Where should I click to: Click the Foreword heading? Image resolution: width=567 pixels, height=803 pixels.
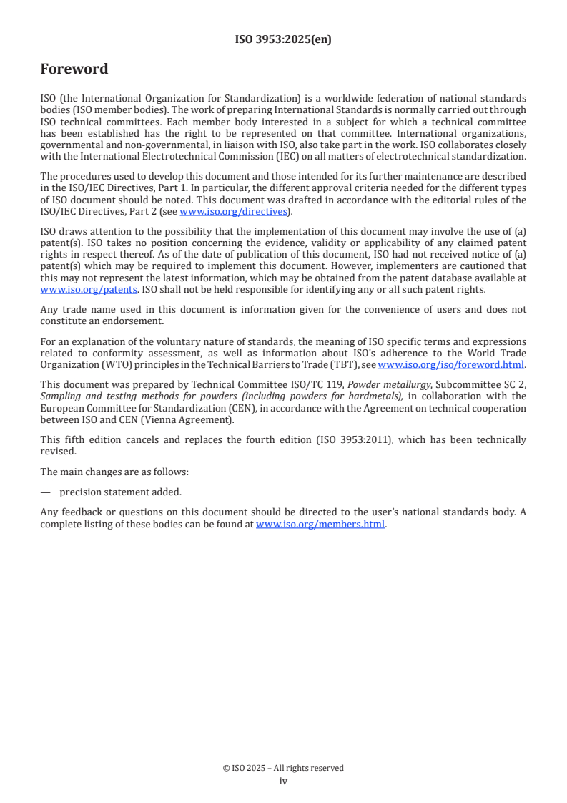coord(74,69)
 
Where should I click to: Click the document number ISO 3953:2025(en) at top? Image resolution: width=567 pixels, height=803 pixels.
coord(283,40)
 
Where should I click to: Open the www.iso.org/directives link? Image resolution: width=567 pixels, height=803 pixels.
coord(233,212)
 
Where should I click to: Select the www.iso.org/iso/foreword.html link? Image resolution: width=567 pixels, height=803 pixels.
coord(450,364)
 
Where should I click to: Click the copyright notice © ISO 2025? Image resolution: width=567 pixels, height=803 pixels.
coord(283,768)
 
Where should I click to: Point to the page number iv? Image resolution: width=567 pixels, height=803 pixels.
coord(283,782)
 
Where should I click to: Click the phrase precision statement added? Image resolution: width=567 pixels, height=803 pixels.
coord(111,492)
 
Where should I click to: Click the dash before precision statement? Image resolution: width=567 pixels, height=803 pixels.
coord(45,492)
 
